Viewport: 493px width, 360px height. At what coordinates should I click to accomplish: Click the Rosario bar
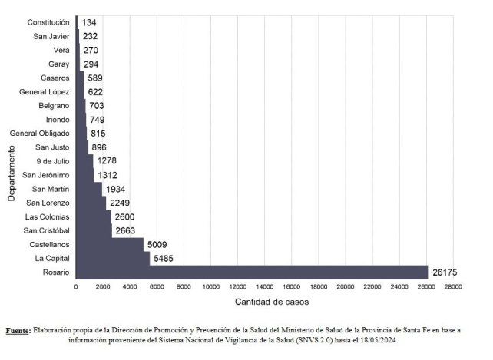pyautogui.click(x=252, y=272)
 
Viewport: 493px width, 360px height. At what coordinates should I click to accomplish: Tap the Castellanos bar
pyautogui.click(x=109, y=244)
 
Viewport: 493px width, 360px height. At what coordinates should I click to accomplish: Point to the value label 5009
pyautogui.click(x=157, y=244)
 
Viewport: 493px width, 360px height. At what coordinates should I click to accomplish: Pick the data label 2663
pyautogui.click(x=126, y=230)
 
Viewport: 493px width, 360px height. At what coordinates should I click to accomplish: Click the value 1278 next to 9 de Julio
pyautogui.click(x=108, y=161)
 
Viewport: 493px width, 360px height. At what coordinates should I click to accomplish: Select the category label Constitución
pyautogui.click(x=48, y=22)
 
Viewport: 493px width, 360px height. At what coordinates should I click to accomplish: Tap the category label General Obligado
pyautogui.click(x=40, y=134)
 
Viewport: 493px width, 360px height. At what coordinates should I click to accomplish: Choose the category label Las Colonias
pyautogui.click(x=48, y=216)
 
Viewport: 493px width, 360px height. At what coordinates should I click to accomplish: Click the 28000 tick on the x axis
pyautogui.click(x=453, y=286)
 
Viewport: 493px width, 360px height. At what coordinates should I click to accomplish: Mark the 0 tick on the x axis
pyautogui.click(x=76, y=286)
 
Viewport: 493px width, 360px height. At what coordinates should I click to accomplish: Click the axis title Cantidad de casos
pyautogui.click(x=266, y=302)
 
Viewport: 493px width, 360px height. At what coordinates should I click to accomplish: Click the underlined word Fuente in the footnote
pyautogui.click(x=18, y=330)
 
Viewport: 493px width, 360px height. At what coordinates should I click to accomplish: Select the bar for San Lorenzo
pyautogui.click(x=91, y=203)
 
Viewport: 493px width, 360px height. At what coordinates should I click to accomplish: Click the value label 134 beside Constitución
pyautogui.click(x=88, y=22)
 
